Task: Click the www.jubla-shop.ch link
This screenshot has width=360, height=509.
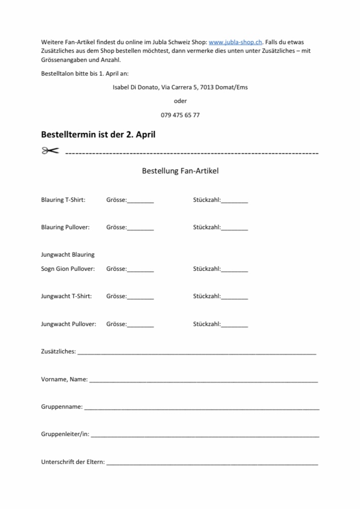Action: point(236,42)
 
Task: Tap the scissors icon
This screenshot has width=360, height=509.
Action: point(50,151)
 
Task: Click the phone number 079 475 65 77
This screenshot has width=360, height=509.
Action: point(180,115)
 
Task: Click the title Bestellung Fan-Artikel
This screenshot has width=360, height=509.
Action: point(180,171)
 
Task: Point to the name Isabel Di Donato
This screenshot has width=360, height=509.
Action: point(135,87)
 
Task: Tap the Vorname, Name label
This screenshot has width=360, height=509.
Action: point(64,379)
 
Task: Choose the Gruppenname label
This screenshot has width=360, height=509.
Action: point(62,407)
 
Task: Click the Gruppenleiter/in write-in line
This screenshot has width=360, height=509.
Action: point(205,435)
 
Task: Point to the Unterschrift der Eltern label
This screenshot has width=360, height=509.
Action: point(73,462)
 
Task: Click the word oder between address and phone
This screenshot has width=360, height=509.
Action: point(180,101)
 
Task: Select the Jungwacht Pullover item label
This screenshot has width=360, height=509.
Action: point(68,324)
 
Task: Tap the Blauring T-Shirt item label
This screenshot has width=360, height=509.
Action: point(63,200)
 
